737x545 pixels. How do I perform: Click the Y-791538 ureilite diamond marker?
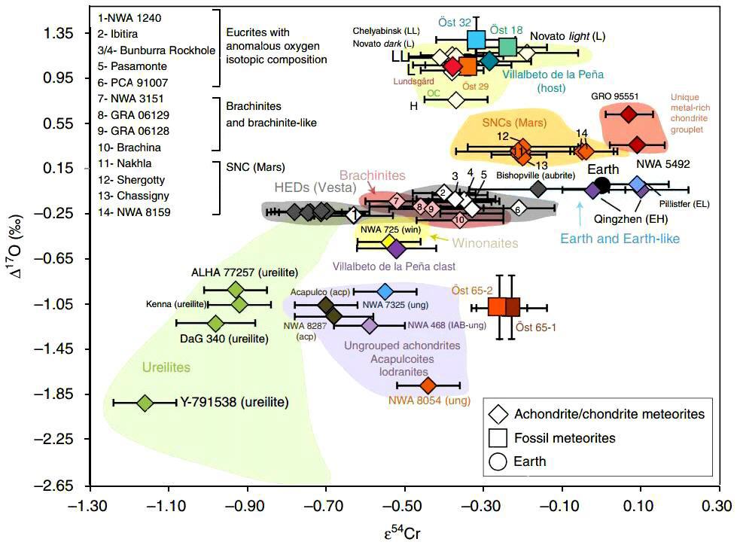click(x=145, y=403)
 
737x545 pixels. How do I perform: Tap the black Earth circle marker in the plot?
click(x=602, y=184)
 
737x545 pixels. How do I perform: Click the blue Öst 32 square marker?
click(x=476, y=39)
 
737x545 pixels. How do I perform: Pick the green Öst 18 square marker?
click(x=507, y=47)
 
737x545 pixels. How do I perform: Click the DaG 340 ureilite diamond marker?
click(x=215, y=323)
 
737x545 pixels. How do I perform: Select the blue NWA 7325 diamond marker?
click(x=385, y=291)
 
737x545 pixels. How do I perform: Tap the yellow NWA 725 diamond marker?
click(x=389, y=242)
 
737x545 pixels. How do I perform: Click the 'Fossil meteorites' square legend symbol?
click(x=497, y=437)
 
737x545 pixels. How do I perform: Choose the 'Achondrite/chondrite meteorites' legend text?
click(x=609, y=413)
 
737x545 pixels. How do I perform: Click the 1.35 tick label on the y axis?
click(x=58, y=34)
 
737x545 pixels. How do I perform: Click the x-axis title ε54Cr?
click(x=405, y=534)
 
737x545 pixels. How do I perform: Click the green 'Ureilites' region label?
click(x=166, y=367)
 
